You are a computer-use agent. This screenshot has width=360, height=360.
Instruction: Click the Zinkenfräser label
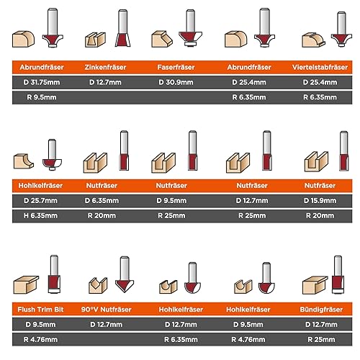pyautogui.click(x=105, y=67)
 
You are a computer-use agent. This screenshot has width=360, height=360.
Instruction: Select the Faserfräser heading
pyautogui.click(x=176, y=67)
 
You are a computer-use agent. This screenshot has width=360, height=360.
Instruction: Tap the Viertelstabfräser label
pyautogui.click(x=320, y=67)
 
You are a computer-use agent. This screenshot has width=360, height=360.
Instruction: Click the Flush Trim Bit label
pyautogui.click(x=40, y=310)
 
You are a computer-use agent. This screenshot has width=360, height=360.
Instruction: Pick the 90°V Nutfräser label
pyautogui.click(x=106, y=310)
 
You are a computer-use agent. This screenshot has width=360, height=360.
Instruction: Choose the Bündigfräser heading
pyautogui.click(x=321, y=310)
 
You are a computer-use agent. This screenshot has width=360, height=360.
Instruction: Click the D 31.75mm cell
pyautogui.click(x=42, y=82)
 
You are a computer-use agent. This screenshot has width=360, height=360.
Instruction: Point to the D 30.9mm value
pyautogui.click(x=176, y=82)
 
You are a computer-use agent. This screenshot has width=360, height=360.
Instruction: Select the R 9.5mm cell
pyautogui.click(x=42, y=97)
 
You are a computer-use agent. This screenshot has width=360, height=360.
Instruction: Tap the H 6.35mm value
pyautogui.click(x=40, y=215)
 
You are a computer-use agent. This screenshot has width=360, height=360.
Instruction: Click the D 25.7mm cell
pyautogui.click(x=40, y=201)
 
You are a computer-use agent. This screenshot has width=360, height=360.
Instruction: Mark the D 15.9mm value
pyautogui.click(x=320, y=201)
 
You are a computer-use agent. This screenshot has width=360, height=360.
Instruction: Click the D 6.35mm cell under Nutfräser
pyautogui.click(x=102, y=201)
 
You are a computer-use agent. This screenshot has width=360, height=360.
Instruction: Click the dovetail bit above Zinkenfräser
pyautogui.click(x=123, y=28)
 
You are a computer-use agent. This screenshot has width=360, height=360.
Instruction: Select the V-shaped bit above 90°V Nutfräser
pyautogui.click(x=125, y=274)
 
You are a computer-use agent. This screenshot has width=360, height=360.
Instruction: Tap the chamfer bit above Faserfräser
pyautogui.click(x=190, y=27)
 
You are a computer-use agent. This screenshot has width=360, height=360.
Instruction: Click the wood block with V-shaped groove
pyautogui.click(x=98, y=285)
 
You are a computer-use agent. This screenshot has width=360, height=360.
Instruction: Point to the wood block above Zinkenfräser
pyautogui.click(x=95, y=40)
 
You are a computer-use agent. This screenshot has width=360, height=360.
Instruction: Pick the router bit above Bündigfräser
pyautogui.click(x=338, y=275)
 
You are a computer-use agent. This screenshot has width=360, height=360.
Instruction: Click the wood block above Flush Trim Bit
pyautogui.click(x=26, y=284)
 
